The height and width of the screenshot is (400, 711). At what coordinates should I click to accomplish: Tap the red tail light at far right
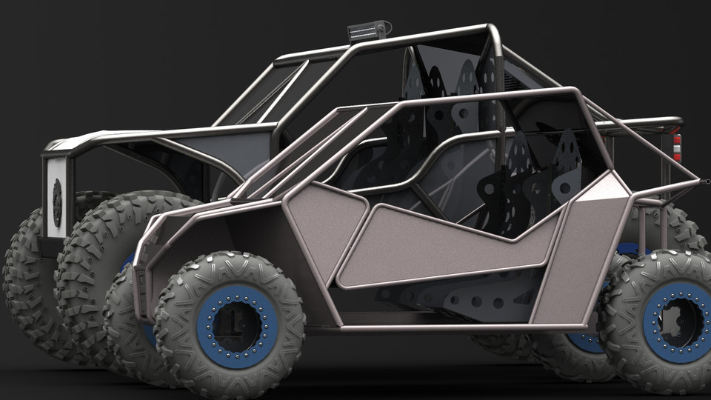click(676, 147)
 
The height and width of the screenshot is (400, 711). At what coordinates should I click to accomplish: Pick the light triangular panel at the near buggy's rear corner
click(604, 188)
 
